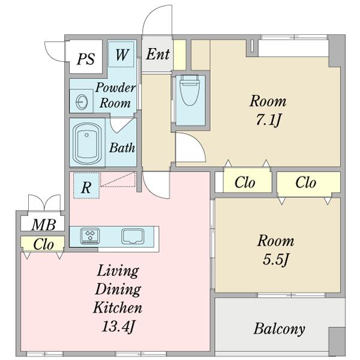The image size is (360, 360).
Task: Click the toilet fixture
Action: click(x=190, y=90)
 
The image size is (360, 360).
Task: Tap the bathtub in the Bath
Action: click(x=87, y=143)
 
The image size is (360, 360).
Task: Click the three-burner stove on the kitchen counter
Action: click(x=90, y=236)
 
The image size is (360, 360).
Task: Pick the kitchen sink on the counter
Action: click(x=133, y=236)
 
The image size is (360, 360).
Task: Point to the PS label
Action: click(x=86, y=59)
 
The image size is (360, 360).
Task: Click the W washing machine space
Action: click(x=121, y=54)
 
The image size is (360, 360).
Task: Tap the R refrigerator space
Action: click(x=86, y=185)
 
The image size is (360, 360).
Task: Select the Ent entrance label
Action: click(x=158, y=54)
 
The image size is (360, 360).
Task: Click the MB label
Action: click(x=44, y=224)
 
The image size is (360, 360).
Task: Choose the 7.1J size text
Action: click(x=268, y=119)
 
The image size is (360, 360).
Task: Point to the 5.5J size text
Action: click(x=275, y=260)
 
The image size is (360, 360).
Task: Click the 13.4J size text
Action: click(x=118, y=326)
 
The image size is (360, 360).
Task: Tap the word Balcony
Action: click(x=280, y=329)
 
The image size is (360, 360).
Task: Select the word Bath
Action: click(x=122, y=148)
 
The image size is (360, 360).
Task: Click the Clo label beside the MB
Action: click(x=43, y=244)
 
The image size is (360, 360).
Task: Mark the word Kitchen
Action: click(x=118, y=307)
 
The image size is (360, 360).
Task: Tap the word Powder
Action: click(x=115, y=88)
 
